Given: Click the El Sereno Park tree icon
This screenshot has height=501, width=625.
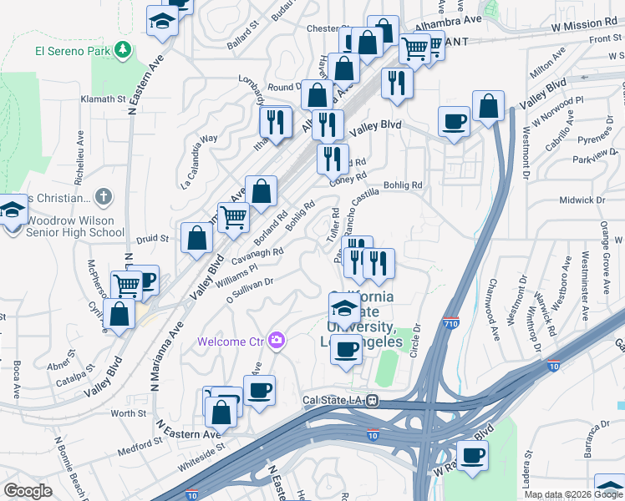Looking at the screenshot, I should point(124,50).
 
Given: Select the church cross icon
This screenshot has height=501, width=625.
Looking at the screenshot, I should point(103,198).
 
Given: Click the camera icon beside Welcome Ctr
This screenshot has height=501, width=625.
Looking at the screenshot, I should point(277,341).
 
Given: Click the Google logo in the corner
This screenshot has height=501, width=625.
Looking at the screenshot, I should point(28,491).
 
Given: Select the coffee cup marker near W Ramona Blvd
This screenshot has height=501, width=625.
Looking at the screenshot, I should point(473,456).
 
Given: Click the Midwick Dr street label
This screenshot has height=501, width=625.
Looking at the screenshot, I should point(582,200).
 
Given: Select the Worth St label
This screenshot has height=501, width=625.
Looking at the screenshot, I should point(129,413).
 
